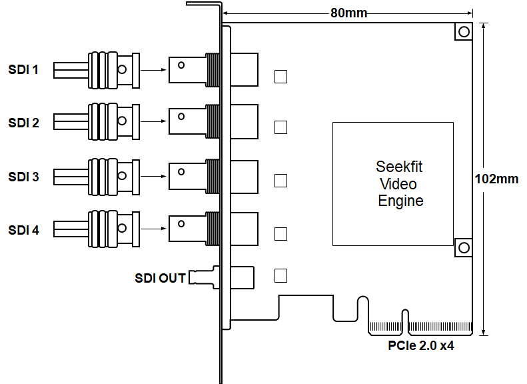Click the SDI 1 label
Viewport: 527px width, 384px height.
coord(23,69)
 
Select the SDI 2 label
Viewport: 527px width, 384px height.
coord(23,123)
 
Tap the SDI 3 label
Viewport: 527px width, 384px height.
coord(23,177)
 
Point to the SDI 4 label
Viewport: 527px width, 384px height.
coord(23,231)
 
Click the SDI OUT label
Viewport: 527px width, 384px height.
coord(160,278)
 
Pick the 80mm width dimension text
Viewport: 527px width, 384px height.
coord(348,13)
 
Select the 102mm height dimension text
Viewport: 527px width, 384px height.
coord(497,179)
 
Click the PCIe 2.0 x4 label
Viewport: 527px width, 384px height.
coord(421,345)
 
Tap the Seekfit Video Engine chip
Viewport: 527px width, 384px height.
coord(393,183)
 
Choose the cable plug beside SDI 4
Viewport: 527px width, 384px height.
coord(97,229)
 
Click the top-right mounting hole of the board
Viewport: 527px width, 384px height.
coord(463,31)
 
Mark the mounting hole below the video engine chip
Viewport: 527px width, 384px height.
coord(463,247)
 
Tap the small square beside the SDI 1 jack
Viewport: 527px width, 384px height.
coord(281,77)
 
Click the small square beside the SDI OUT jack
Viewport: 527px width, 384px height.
coord(281,275)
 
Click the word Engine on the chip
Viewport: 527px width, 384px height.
coord(400,200)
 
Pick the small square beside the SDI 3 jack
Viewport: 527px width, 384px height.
coord(281,181)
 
